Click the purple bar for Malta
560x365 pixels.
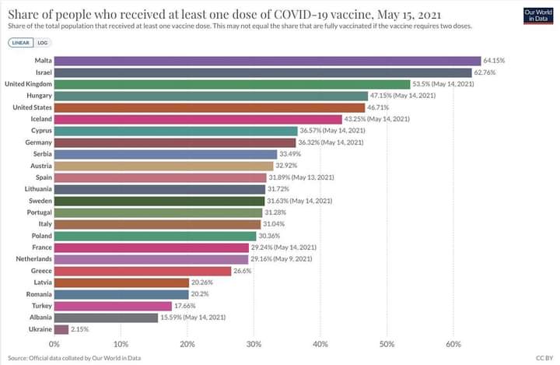point(268,61)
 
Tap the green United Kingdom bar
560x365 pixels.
point(232,84)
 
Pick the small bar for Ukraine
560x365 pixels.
point(61,329)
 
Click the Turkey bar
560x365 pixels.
point(113,306)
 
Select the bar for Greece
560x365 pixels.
point(142,271)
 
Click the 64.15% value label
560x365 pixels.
point(495,61)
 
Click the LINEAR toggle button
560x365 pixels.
point(22,43)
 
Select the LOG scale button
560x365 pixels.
point(43,43)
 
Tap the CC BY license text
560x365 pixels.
point(544,357)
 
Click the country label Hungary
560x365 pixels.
point(39,96)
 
